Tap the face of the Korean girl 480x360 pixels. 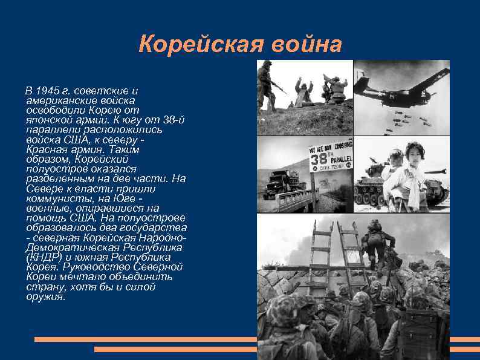(x=416, y=152)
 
